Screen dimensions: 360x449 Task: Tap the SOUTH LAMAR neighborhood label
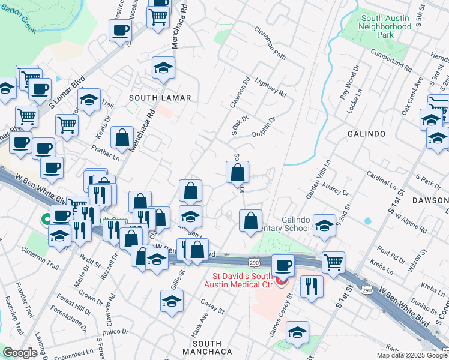pyautogui.click(x=161, y=97)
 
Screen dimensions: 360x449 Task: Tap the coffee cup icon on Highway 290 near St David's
pyautogui.click(x=283, y=265)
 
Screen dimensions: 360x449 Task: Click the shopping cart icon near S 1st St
pyautogui.click(x=333, y=261)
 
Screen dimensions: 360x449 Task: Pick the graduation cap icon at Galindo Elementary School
pyautogui.click(x=324, y=226)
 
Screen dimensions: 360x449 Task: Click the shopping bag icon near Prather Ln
pyautogui.click(x=122, y=137)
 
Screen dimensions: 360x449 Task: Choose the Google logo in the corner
pyautogui.click(x=20, y=353)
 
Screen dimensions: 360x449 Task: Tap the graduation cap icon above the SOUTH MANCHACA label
pyautogui.click(x=172, y=301)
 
